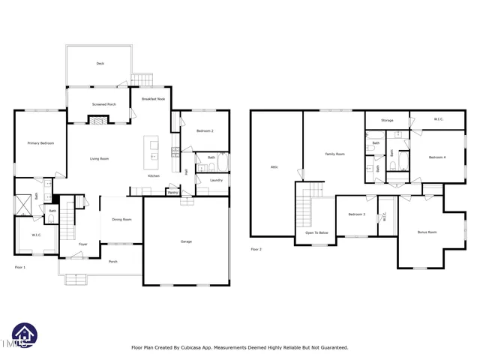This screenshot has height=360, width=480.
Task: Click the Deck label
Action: click(100, 64)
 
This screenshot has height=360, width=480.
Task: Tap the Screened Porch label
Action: click(103, 104)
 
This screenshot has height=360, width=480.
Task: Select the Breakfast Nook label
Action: click(152, 99)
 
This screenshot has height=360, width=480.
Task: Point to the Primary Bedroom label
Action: click(40, 143)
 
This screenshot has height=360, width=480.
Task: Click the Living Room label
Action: click(100, 158)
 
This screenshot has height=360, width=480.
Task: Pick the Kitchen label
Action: click(154, 175)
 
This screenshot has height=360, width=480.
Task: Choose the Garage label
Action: click(186, 241)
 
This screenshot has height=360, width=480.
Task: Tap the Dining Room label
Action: click(121, 220)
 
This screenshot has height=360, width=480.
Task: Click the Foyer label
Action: click(83, 244)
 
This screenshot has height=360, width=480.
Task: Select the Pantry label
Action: click(172, 193)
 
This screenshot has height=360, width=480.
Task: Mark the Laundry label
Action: click(216, 180)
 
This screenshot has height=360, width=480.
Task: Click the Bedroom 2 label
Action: click(205, 131)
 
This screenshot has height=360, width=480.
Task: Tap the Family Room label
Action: click(334, 154)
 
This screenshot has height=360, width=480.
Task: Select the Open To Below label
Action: click(316, 233)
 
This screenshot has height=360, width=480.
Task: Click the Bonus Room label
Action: click(427, 232)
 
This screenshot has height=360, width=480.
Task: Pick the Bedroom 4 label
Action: click(437, 157)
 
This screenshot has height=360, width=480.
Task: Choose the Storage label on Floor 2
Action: click(387, 120)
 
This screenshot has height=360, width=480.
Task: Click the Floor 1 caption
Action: click(20, 267)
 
